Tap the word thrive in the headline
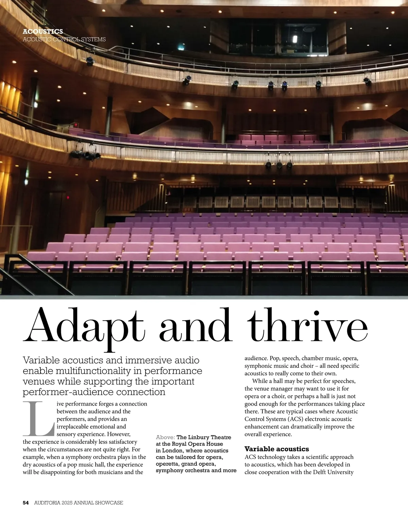(x=308, y=326)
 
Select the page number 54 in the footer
(x=26, y=502)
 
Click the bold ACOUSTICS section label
(x=43, y=32)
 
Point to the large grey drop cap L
(x=38, y=419)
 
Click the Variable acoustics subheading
(x=277, y=449)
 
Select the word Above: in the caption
(x=165, y=437)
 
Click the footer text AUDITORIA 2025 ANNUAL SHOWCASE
(x=79, y=502)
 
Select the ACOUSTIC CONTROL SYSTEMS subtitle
(x=64, y=39)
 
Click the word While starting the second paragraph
(x=260, y=381)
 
